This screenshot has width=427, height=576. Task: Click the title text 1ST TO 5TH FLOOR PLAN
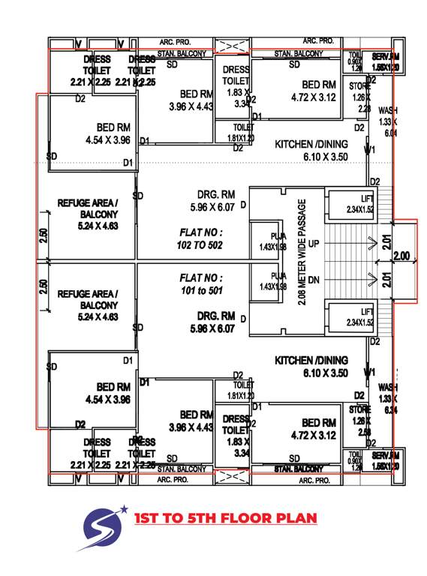coord(225,518)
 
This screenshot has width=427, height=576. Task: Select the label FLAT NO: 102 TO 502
coord(194,238)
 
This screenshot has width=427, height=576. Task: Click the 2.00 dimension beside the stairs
coord(401,256)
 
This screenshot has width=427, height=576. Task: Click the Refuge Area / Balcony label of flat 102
coord(88,214)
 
